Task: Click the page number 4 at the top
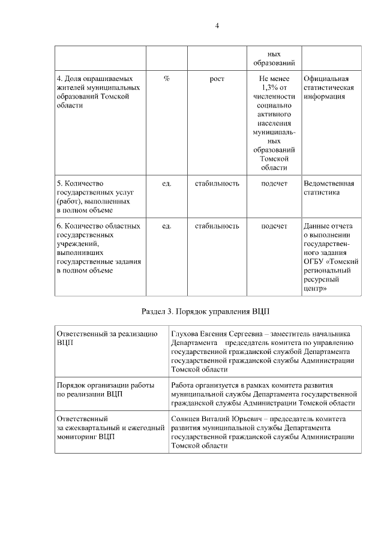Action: click(x=217, y=25)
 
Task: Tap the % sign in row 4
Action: click(x=166, y=79)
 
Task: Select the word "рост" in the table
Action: click(x=217, y=79)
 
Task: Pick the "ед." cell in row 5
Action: click(x=166, y=184)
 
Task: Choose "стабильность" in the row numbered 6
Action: click(x=217, y=226)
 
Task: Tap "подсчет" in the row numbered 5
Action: click(x=274, y=184)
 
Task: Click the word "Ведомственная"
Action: click(x=329, y=184)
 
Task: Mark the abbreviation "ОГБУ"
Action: click(x=314, y=262)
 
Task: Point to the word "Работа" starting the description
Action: click(x=183, y=385)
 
